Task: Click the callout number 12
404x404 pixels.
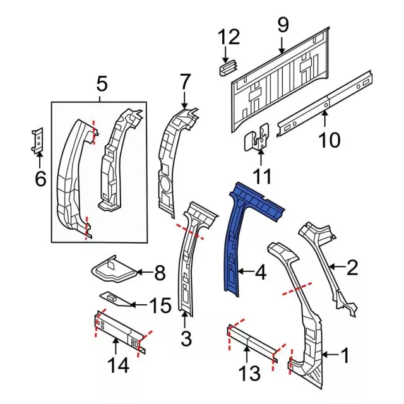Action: pos(229,38)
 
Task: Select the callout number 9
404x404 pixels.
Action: pos(282,26)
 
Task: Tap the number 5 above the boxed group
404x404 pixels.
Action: pos(102,83)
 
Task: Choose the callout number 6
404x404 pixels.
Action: pos(40,180)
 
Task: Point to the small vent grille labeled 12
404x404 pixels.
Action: pos(227,67)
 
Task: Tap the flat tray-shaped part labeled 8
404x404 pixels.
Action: pos(112,270)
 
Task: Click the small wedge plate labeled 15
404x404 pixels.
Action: pos(114,298)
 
